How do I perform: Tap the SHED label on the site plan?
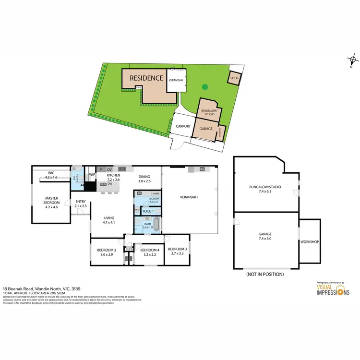point(234,78)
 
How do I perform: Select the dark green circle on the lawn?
point(205,87)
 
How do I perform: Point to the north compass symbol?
point(353,61)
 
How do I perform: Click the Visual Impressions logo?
point(333,289)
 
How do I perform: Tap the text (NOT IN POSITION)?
point(264,274)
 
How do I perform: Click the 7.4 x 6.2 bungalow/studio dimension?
point(265,191)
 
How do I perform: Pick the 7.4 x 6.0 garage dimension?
point(265,239)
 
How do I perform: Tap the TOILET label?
point(147,210)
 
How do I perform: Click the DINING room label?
point(144,176)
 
